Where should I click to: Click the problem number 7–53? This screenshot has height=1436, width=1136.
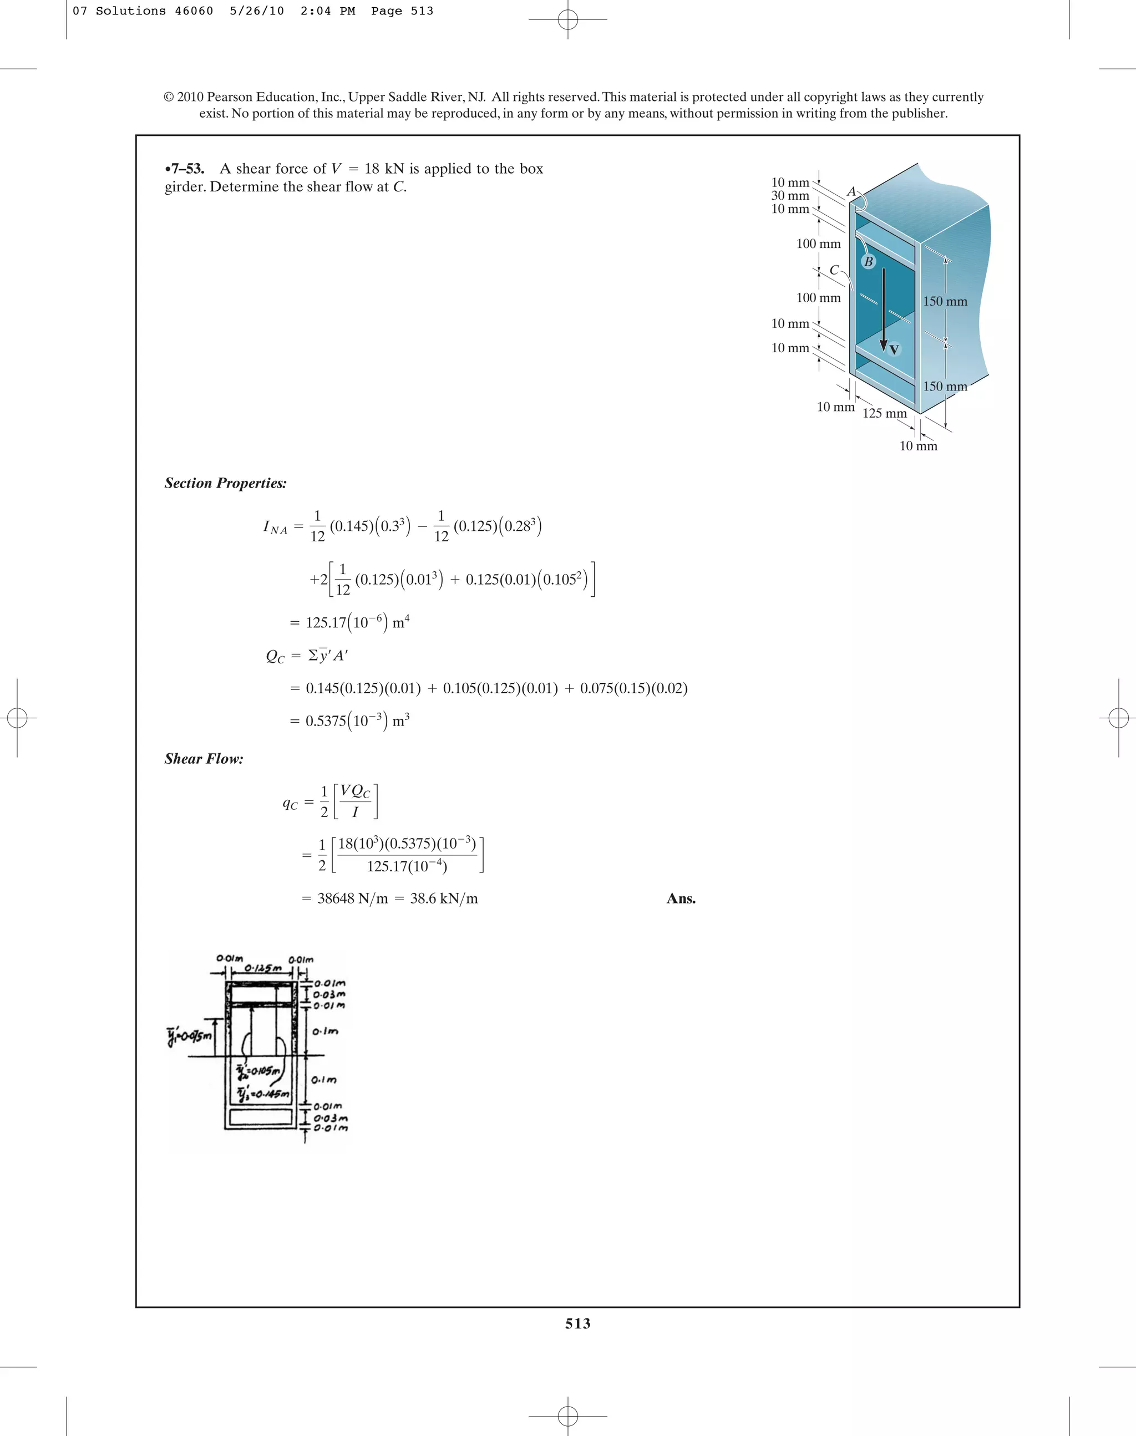186,169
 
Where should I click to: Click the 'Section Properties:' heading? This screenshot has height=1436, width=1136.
225,484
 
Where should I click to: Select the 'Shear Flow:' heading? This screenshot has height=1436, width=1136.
204,759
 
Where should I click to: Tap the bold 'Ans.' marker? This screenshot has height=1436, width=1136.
681,899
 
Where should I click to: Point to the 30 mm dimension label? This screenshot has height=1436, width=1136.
789,196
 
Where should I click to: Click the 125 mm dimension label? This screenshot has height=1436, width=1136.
884,413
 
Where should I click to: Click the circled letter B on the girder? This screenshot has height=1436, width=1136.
868,262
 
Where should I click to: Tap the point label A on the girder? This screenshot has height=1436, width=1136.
851,191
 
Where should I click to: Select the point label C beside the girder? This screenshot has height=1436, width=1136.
833,270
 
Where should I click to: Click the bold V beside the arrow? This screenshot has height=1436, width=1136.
894,349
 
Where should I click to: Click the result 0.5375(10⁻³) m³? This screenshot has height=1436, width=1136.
357,721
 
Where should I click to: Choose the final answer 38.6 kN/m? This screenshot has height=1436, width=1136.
444,899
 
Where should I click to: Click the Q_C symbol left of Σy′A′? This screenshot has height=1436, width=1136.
275,657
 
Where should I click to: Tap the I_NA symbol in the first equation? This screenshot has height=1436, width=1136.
275,528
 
